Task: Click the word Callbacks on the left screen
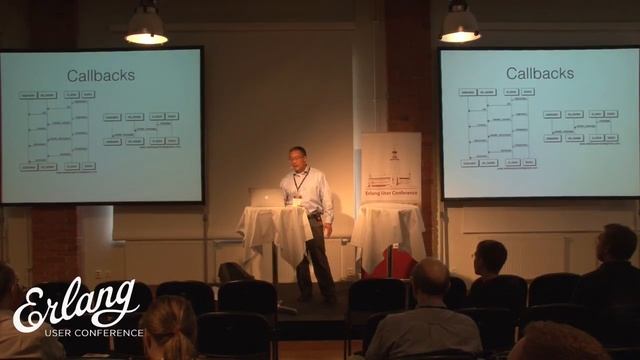(x=100, y=75)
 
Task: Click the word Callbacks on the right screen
(x=539, y=73)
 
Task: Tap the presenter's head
(x=298, y=157)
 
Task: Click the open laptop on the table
(x=267, y=197)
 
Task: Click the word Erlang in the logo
(x=75, y=304)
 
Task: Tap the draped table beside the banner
(x=387, y=230)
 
